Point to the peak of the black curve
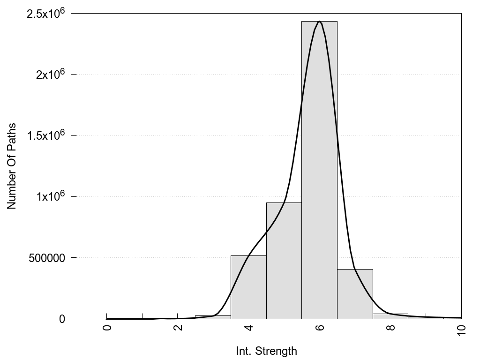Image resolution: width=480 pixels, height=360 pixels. pyautogui.click(x=319, y=22)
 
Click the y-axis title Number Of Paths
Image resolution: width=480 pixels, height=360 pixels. pyautogui.click(x=12, y=166)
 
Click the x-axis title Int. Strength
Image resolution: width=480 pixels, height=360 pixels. pyautogui.click(x=266, y=351)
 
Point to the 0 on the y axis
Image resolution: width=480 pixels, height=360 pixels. pyautogui.click(x=61, y=319)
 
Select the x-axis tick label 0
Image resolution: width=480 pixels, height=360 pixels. pyautogui.click(x=107, y=328)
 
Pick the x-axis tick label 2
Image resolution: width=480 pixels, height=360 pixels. pyautogui.click(x=178, y=328)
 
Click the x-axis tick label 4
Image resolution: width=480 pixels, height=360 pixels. pyautogui.click(x=248, y=328)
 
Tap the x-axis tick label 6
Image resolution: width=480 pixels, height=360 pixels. pyautogui.click(x=319, y=328)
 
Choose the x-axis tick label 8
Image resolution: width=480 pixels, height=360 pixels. pyautogui.click(x=390, y=328)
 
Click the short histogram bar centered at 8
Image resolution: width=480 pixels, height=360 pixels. pyautogui.click(x=390, y=316)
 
